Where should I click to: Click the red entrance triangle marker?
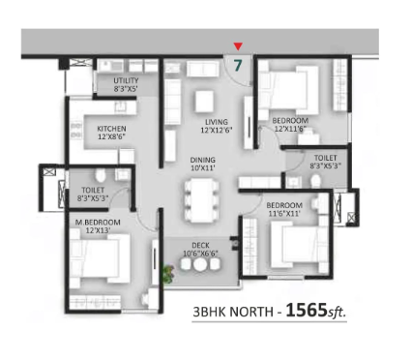238,46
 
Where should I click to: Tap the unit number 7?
238,66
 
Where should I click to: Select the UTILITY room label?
126,80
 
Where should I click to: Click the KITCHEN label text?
111,129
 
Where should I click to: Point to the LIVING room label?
217,122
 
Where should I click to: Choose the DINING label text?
203,160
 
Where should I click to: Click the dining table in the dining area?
201,200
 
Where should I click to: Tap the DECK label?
200,246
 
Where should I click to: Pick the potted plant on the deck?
168,274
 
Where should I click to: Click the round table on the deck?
200,265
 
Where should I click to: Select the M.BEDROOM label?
98,223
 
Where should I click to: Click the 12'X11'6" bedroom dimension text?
290,129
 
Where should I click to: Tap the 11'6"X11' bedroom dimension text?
284,213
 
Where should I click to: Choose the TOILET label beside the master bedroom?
93,190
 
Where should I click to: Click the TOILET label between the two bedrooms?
326,158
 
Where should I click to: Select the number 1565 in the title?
307,311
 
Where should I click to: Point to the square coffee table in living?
204,102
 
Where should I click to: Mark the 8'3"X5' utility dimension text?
126,89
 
